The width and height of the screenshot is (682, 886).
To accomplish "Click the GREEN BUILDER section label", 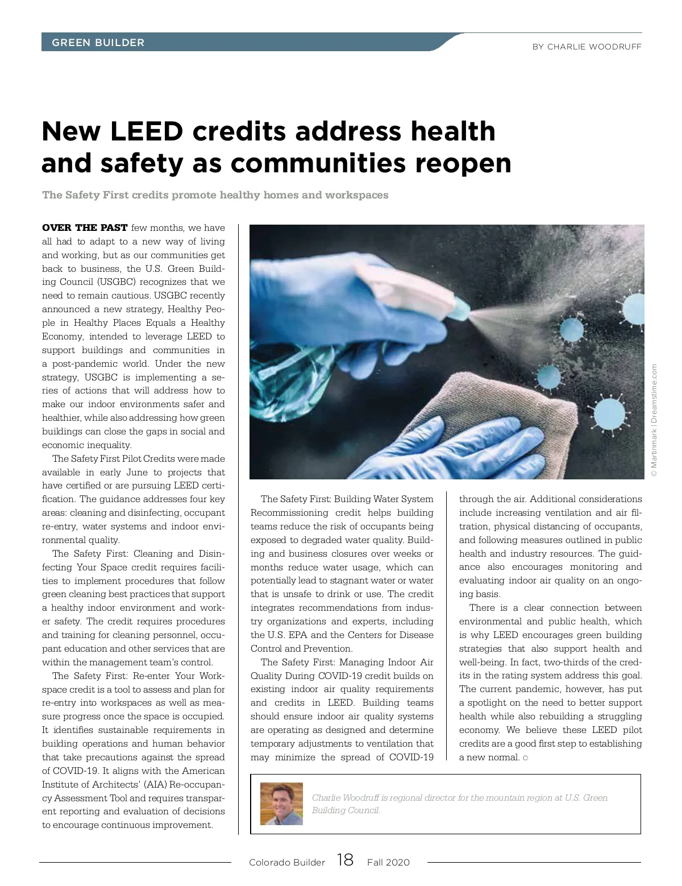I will point(98,43).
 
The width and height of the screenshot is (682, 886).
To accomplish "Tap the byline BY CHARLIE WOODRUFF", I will point(587,47).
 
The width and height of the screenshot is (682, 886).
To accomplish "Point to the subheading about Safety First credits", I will point(215,195).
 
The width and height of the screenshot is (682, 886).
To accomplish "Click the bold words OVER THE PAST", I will point(85,227).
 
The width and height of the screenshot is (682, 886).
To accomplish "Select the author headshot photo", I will point(281,804).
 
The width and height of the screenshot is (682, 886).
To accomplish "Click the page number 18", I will point(345,860).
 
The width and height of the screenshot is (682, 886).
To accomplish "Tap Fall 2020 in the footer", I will point(388,862).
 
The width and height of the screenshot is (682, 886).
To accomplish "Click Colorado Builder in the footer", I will point(286,862).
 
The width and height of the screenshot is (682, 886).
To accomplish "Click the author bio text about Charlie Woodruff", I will point(459,804).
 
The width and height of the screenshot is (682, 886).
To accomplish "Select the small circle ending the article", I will point(525,757).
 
